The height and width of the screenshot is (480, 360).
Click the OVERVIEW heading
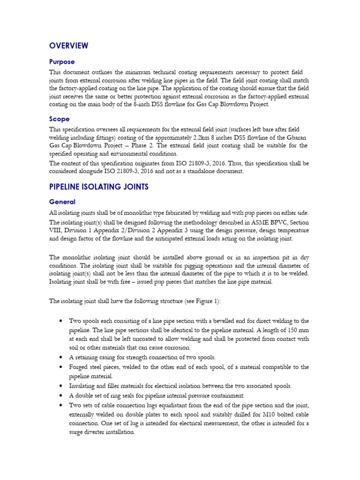68,45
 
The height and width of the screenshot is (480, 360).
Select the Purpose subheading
62,62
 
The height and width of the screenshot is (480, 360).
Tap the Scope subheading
60,119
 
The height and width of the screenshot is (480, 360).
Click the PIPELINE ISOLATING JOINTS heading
99,187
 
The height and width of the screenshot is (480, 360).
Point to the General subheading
62,202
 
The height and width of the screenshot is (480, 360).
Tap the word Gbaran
297,137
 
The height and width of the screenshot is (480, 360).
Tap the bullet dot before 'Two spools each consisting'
61,321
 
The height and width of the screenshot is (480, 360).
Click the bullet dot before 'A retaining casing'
61,357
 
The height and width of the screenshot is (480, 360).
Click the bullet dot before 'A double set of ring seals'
61,396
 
